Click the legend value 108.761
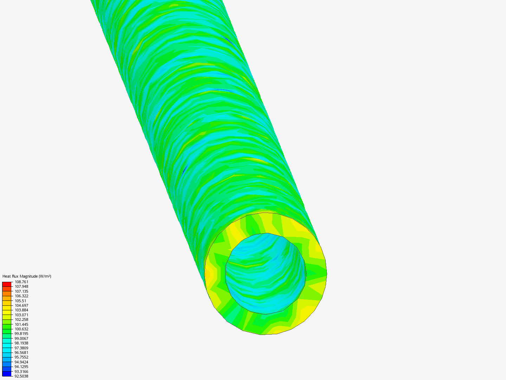21,282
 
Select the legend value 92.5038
21,376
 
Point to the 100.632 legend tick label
21,329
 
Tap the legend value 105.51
20,301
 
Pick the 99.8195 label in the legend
21,334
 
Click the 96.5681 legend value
21,353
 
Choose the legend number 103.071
21,315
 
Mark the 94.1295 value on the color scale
21,367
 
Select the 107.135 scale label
21,291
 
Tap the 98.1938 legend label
21,343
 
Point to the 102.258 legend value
21,319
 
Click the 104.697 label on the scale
21,305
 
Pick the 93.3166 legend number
21,372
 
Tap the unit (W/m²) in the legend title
45,276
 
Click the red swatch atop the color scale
7,284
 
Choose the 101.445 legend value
21,324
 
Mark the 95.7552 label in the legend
21,357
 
